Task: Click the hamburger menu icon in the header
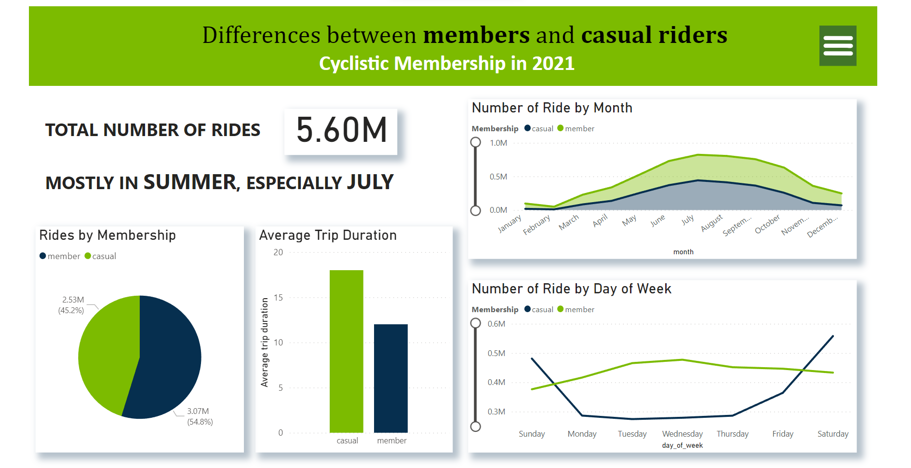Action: [x=838, y=46]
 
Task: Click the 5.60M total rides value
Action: [x=341, y=130]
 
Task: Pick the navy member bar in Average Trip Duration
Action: [x=390, y=378]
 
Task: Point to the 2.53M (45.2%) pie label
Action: [x=72, y=305]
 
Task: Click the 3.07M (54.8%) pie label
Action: [x=200, y=416]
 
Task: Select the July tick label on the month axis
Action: [x=688, y=220]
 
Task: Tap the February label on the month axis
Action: [x=536, y=225]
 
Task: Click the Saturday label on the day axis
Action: [x=832, y=434]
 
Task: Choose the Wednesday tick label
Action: [x=682, y=434]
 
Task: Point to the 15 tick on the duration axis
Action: [x=278, y=298]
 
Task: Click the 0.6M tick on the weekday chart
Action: [x=496, y=324]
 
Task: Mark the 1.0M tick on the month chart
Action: [x=498, y=143]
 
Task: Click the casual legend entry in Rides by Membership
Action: [x=101, y=256]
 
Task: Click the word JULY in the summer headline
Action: [x=370, y=182]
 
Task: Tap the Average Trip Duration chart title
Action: [x=328, y=235]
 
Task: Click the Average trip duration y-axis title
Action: [x=265, y=342]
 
